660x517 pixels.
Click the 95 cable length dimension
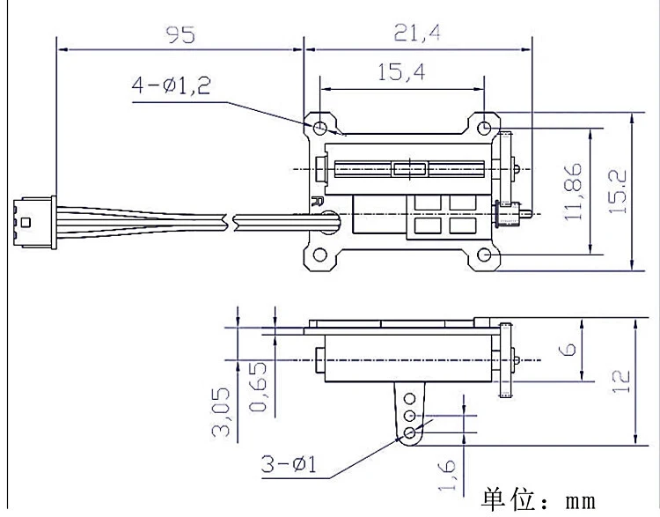pyautogui.click(x=180, y=34)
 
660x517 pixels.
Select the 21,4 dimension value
pyautogui.click(x=417, y=33)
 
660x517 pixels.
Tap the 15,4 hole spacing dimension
pyautogui.click(x=401, y=72)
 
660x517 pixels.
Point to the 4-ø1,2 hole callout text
pyautogui.click(x=171, y=85)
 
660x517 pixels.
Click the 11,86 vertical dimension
pyautogui.click(x=573, y=192)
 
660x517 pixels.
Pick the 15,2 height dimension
pyautogui.click(x=618, y=192)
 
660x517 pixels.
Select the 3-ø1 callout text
pyautogui.click(x=289, y=464)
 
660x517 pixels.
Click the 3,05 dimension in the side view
pyautogui.click(x=221, y=412)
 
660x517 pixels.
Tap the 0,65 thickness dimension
pyautogui.click(x=258, y=387)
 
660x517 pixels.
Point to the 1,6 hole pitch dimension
pyautogui.click(x=446, y=476)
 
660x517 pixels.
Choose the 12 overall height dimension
pyautogui.click(x=621, y=381)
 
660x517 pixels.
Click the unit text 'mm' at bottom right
pyautogui.click(x=581, y=501)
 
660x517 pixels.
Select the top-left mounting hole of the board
pyautogui.click(x=320, y=127)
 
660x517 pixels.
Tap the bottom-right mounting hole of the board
pyautogui.click(x=484, y=255)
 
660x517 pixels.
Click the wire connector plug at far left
pyautogui.click(x=34, y=223)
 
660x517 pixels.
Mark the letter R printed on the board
pyautogui.click(x=316, y=201)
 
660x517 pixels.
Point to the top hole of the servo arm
pyautogui.click(x=409, y=398)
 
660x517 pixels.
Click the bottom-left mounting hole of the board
pyautogui.click(x=320, y=255)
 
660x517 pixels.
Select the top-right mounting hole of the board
pyautogui.click(x=484, y=127)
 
